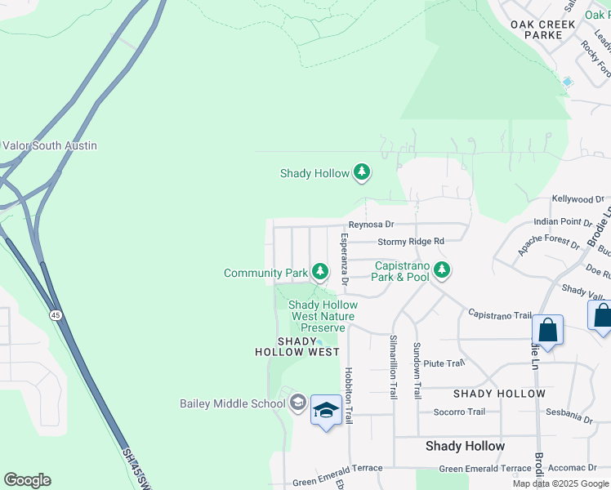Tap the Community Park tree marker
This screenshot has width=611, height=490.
click(319, 272)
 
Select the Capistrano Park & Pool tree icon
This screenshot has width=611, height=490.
click(442, 268)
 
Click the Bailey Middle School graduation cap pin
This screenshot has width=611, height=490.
click(326, 412)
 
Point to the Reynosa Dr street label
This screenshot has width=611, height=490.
click(371, 225)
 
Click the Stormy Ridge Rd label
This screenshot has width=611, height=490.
click(410, 242)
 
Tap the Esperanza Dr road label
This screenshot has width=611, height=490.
click(345, 260)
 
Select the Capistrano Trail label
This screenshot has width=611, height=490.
click(499, 314)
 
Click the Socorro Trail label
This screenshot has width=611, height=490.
click(459, 412)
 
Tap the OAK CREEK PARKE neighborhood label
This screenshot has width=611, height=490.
click(547, 30)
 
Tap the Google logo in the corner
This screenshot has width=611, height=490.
click(27, 480)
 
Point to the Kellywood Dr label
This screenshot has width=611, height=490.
click(578, 198)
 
